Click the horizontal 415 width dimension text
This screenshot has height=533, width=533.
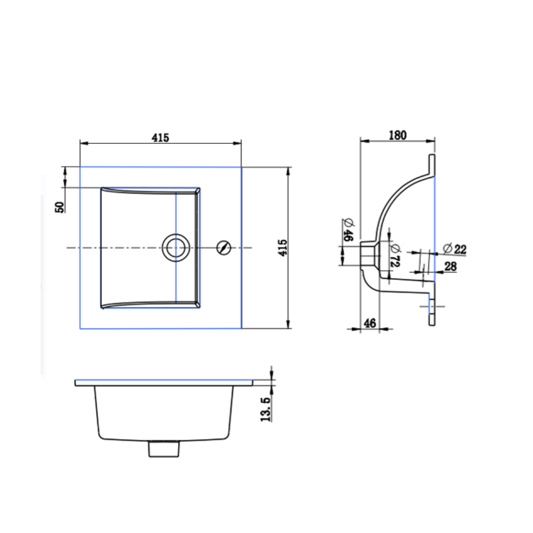pos(160,138)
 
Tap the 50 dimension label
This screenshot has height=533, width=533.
pos(60,207)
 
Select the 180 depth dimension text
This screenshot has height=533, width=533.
pos(397,135)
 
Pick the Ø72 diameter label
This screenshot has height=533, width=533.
pos(394,255)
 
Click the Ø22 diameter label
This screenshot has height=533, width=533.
pos(454,248)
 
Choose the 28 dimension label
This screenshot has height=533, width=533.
pos(450,266)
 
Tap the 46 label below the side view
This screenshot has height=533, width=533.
pos(369,322)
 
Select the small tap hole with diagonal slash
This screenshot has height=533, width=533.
pos(223,248)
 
